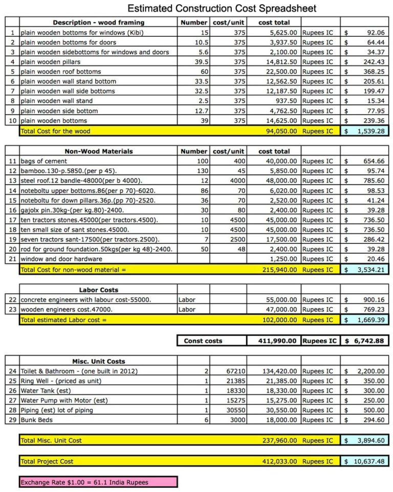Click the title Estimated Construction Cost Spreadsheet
(222, 9)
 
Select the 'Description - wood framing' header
(98, 23)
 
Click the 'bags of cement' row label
(43, 161)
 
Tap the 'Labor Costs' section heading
(98, 290)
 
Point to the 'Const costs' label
(203, 341)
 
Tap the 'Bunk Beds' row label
(37, 420)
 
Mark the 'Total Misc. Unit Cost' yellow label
(51, 440)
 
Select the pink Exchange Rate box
(98, 482)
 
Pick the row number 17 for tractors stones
(12, 220)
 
